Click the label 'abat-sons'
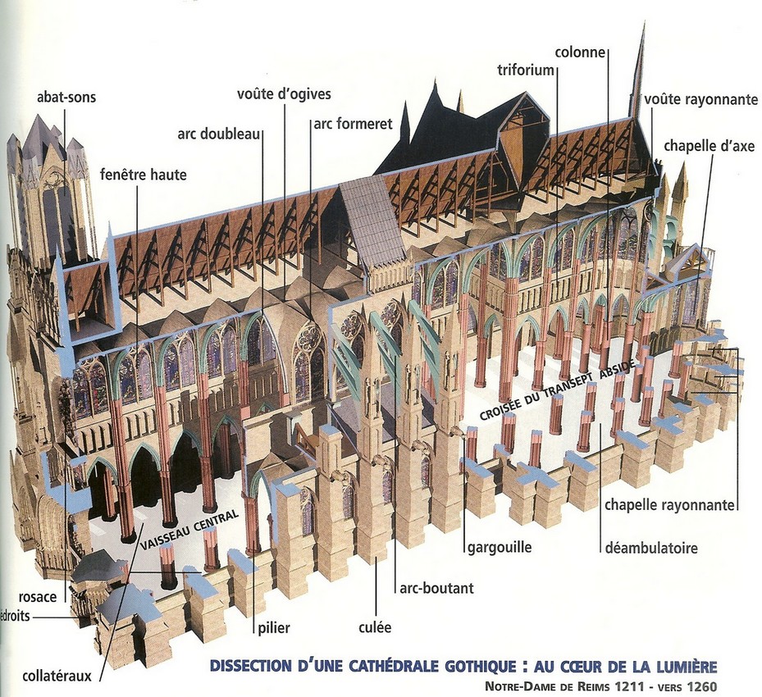tap(66, 98)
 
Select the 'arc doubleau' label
tap(216, 134)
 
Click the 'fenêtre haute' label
tap(143, 175)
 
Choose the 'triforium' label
tap(526, 71)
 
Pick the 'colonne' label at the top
tap(580, 52)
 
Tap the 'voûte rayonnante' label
tap(700, 99)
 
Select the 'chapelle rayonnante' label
tap(669, 505)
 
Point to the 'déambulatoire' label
tap(650, 548)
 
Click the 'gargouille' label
tap(498, 547)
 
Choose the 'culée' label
tap(375, 627)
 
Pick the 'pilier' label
tap(272, 629)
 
